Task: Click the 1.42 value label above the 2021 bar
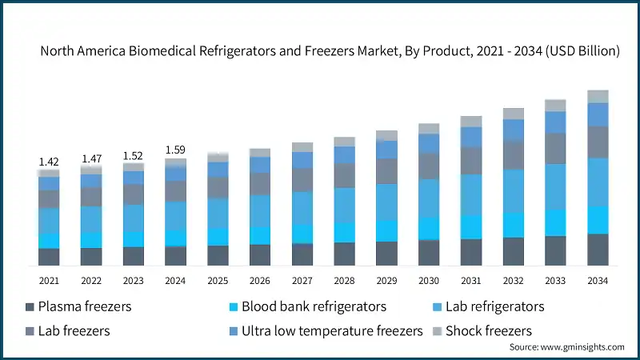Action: (49, 162)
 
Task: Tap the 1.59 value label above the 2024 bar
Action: (175, 150)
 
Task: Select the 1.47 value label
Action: (91, 159)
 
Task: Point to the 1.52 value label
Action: (133, 155)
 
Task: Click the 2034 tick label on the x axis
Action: (598, 281)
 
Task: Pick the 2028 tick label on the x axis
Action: (344, 281)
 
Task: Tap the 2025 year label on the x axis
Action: (218, 281)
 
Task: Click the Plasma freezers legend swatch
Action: (30, 307)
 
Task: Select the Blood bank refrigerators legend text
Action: (314, 306)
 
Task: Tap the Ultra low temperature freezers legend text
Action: (331, 330)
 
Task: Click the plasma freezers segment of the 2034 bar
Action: (598, 250)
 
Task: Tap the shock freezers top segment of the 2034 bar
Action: (598, 97)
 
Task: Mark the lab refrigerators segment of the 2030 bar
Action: (429, 198)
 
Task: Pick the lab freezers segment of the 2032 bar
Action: (513, 155)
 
